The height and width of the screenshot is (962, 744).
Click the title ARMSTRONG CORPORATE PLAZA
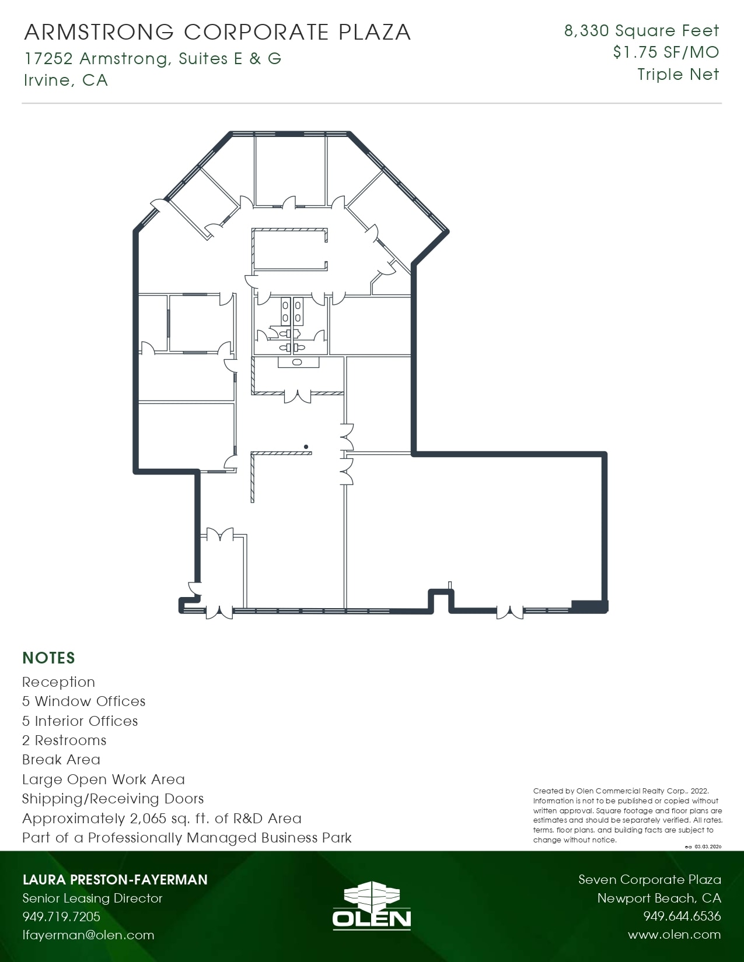point(217,32)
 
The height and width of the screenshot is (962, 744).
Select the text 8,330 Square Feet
point(641,30)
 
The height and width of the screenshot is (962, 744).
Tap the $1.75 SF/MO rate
point(666,52)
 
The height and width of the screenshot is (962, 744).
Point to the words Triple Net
point(678,75)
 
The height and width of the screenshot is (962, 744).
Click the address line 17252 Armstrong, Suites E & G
point(153,58)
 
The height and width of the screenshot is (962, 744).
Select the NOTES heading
point(48,658)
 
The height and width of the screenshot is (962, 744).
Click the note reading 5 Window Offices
point(83,701)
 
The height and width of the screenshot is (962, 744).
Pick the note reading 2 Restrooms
point(64,740)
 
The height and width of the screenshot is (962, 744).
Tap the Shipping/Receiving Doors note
point(113,799)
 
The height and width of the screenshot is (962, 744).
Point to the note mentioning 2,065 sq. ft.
point(162,819)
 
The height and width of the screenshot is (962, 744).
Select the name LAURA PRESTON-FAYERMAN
point(115,879)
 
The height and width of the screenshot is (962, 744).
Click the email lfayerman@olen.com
point(88,935)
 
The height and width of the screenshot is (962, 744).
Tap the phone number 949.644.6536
point(682,917)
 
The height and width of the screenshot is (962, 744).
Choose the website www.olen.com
point(674,935)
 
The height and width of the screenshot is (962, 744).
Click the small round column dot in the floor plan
point(306,447)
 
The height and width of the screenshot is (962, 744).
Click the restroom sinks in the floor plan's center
point(291,311)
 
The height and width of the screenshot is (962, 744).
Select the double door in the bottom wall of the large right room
point(509,612)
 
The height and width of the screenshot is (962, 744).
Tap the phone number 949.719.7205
point(61,917)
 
